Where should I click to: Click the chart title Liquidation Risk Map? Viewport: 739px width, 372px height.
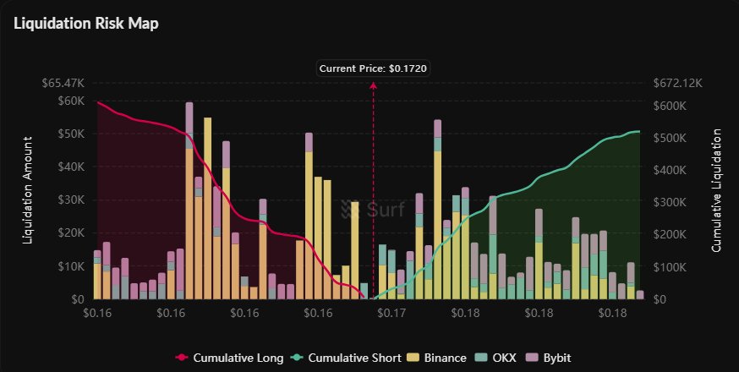pyautogui.click(x=86, y=23)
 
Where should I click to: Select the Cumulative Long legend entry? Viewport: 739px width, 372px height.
pyautogui.click(x=227, y=357)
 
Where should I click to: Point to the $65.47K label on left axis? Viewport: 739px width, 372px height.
pyautogui.click(x=63, y=84)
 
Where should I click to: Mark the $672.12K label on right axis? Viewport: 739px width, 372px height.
pyautogui.click(x=679, y=84)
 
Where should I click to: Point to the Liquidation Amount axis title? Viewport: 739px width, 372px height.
pyautogui.click(x=28, y=190)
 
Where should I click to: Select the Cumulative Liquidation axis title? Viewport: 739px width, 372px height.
pyautogui.click(x=716, y=190)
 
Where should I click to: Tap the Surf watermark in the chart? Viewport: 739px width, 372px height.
pyautogui.click(x=373, y=208)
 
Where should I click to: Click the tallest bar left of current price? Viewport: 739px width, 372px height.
pyautogui.click(x=189, y=203)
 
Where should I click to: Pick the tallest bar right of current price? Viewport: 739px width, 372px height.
pyautogui.click(x=438, y=211)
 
